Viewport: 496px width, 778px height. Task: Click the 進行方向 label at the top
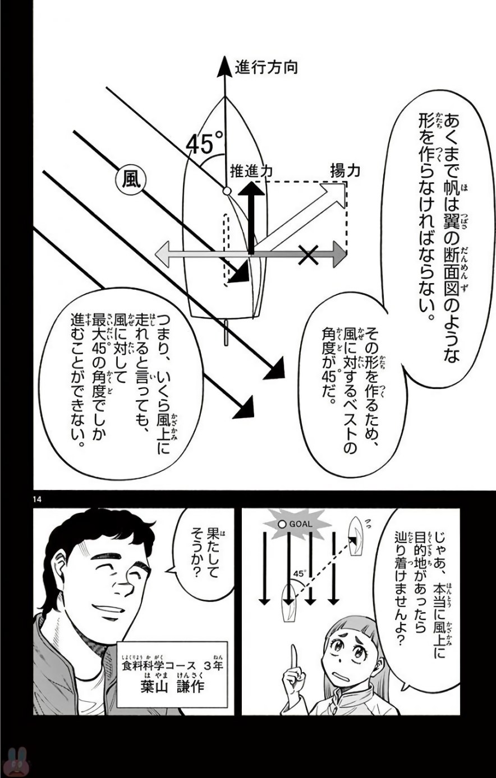[267, 67]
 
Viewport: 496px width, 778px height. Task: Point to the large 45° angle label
[205, 143]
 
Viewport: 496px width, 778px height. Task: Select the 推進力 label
[251, 172]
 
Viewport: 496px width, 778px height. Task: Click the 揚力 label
[345, 171]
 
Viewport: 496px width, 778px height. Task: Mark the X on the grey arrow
[308, 255]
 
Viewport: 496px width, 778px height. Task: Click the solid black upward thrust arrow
[251, 218]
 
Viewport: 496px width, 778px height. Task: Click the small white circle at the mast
[227, 191]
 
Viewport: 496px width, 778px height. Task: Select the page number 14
[37, 499]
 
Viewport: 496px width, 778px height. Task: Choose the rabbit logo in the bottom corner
[16, 763]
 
